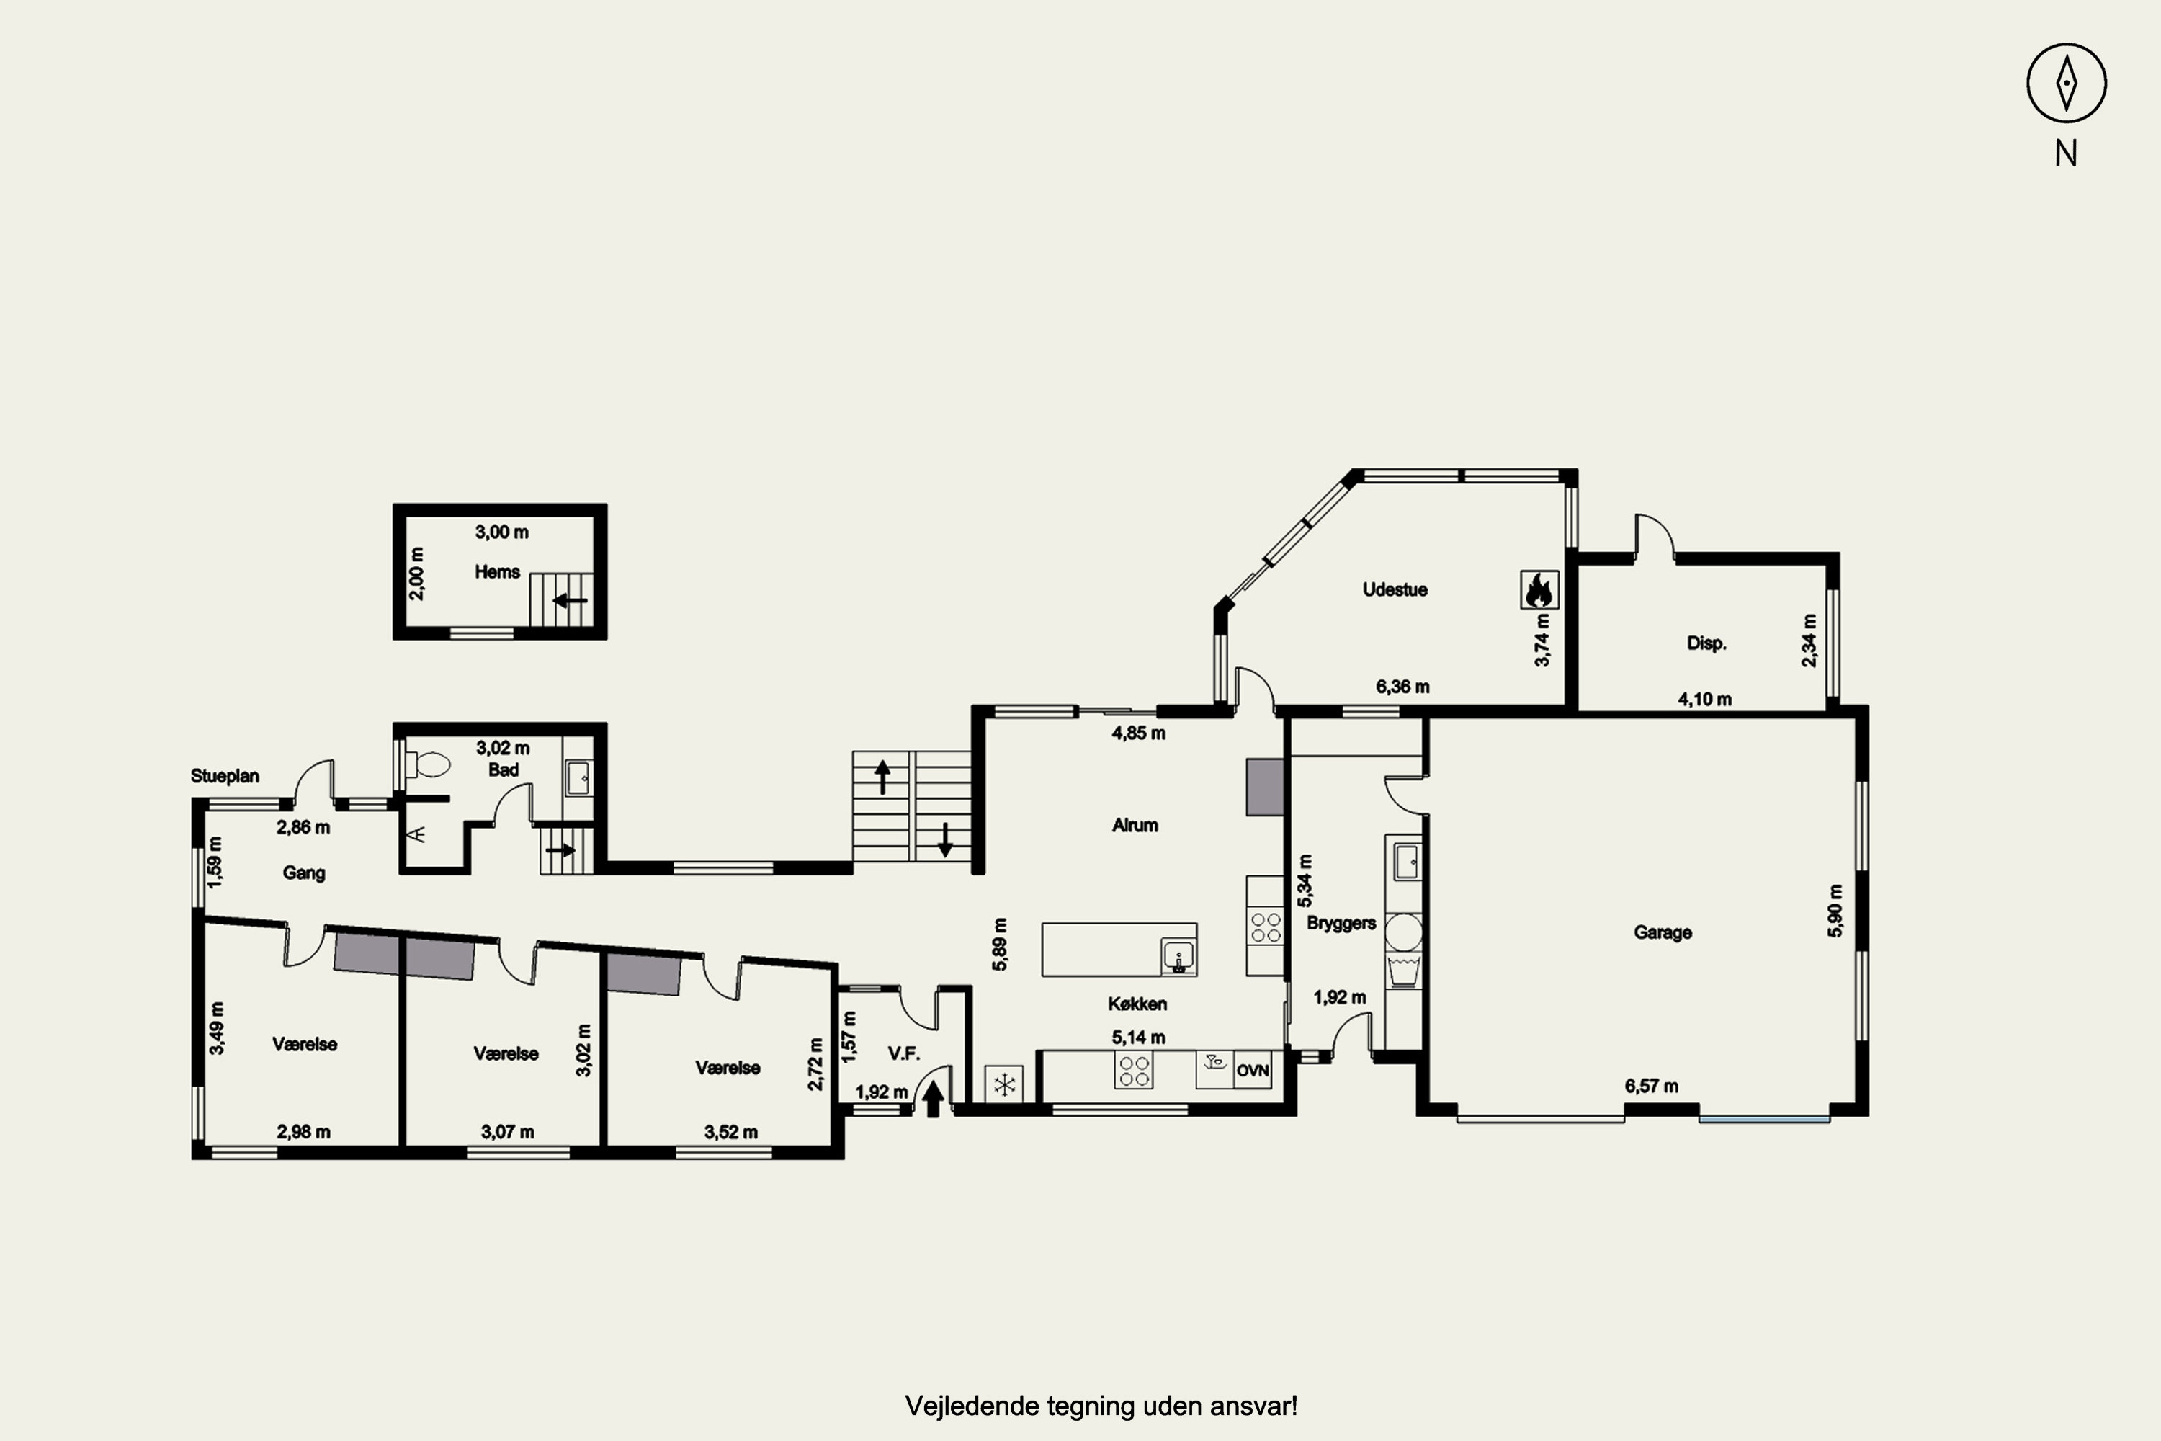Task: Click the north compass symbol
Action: [2067, 83]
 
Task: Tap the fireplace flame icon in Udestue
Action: [1539, 590]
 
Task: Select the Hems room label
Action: [497, 571]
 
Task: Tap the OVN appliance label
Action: [1253, 1071]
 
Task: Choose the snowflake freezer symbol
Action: [1004, 1084]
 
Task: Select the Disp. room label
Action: [1706, 643]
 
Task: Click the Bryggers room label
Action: [1341, 923]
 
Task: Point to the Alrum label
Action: [1135, 825]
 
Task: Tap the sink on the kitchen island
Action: [1178, 956]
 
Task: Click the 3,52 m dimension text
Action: [730, 1132]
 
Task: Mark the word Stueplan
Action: [225, 776]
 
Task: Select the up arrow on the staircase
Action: [883, 777]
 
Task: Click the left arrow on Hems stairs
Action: [570, 600]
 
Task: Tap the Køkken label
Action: [1137, 1004]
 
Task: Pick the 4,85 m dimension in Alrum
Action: [1138, 733]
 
